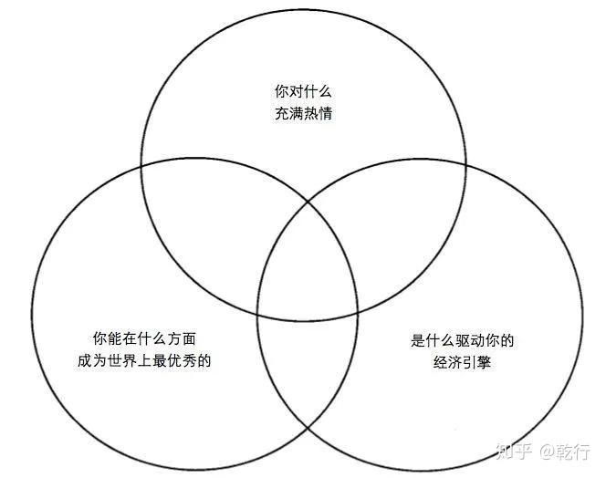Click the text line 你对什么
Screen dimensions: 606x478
click(x=302, y=91)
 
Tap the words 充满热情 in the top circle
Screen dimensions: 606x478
click(x=302, y=116)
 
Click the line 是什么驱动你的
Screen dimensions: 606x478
click(x=463, y=342)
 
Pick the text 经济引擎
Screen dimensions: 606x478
click(x=463, y=365)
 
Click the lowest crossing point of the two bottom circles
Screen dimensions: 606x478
click(x=307, y=430)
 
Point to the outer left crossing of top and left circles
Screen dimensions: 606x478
click(x=141, y=167)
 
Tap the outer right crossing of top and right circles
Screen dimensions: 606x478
click(x=466, y=167)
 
